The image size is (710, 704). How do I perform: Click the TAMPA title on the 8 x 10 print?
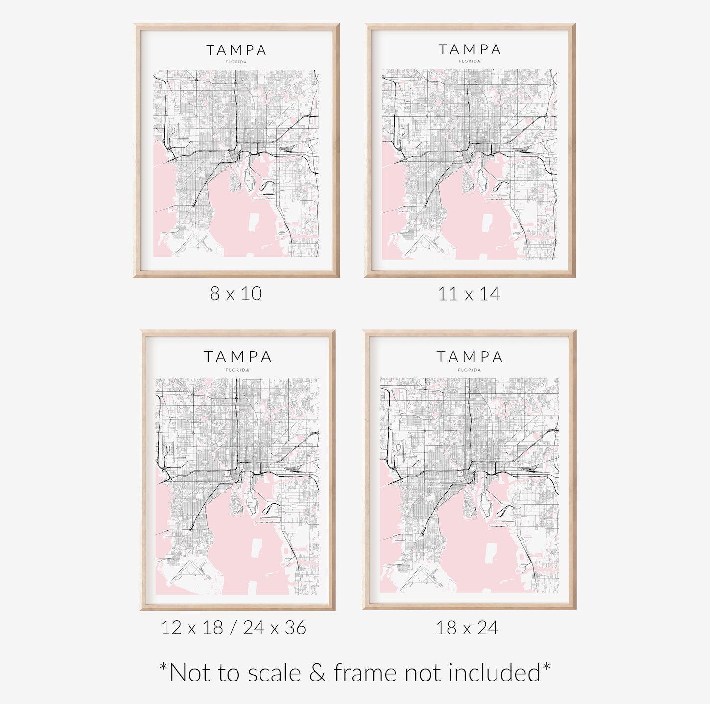(x=236, y=50)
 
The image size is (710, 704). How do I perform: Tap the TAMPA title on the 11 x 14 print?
(x=470, y=49)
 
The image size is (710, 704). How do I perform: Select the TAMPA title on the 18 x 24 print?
(x=469, y=357)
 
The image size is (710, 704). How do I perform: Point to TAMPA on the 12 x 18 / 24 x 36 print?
(x=237, y=357)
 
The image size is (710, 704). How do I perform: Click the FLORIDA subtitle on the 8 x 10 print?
(x=236, y=62)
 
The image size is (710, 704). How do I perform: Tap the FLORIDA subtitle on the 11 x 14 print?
(x=470, y=61)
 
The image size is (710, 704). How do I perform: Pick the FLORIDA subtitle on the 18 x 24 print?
(x=469, y=370)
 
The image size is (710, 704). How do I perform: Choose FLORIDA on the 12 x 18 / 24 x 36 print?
(x=237, y=370)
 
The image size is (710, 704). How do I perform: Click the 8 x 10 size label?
(x=236, y=294)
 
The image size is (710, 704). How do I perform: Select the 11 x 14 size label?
(x=469, y=294)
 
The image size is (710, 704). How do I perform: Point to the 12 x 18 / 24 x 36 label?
(x=233, y=628)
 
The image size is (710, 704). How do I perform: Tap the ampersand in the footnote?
(x=317, y=673)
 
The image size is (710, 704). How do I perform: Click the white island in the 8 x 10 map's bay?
(x=254, y=222)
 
